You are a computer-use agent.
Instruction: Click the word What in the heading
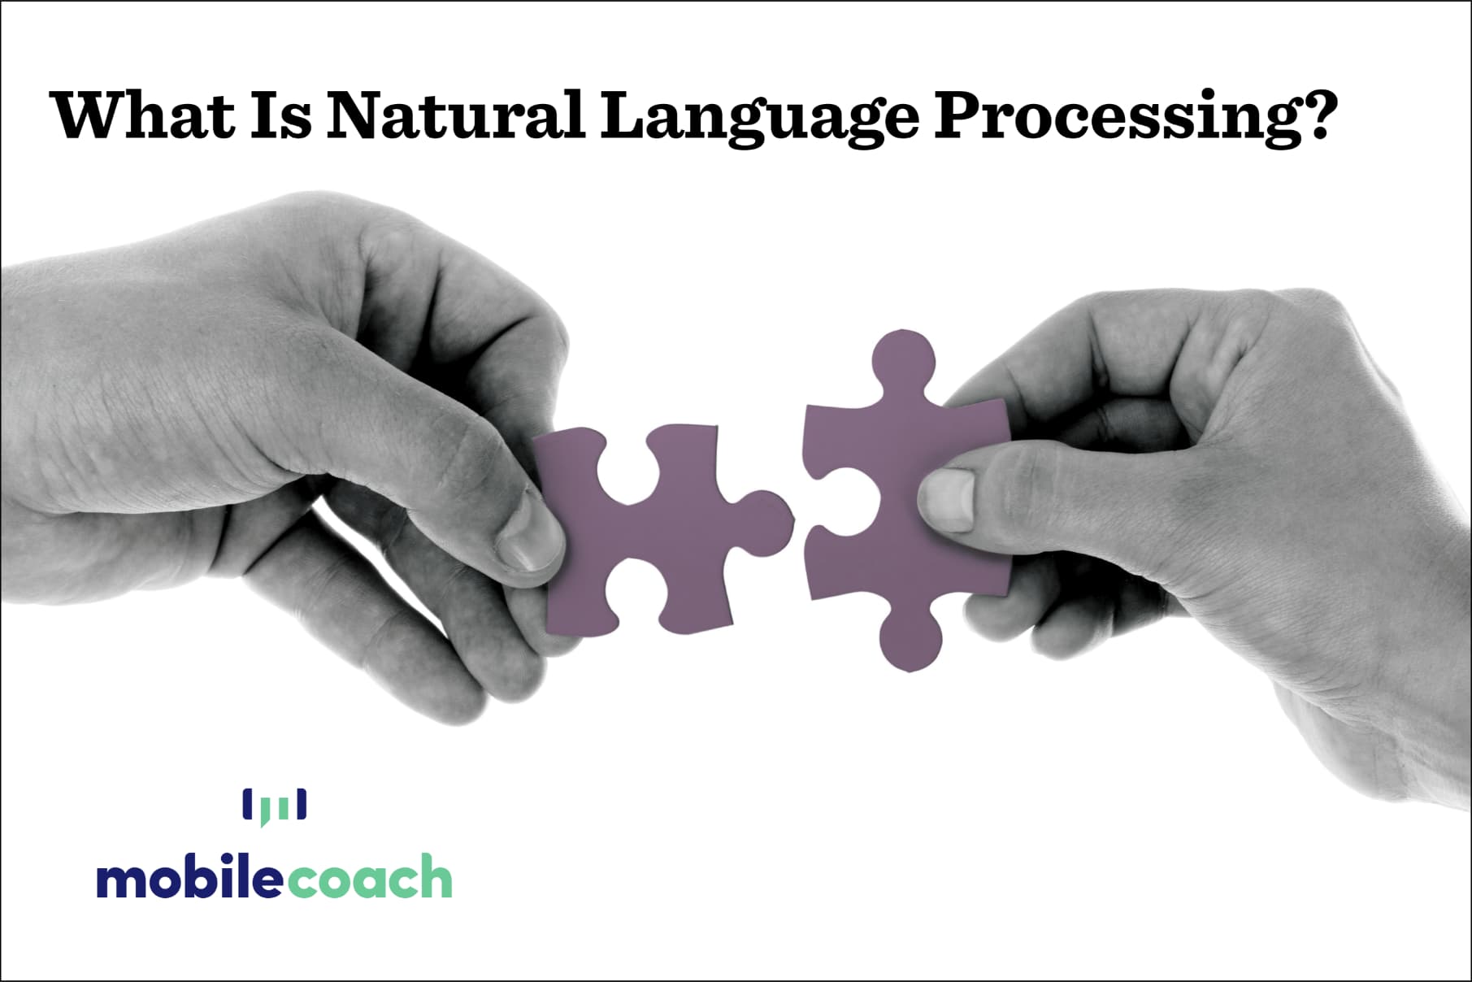tap(143, 115)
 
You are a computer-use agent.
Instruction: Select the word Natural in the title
tap(455, 115)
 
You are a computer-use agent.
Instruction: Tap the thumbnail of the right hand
tap(946, 499)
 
